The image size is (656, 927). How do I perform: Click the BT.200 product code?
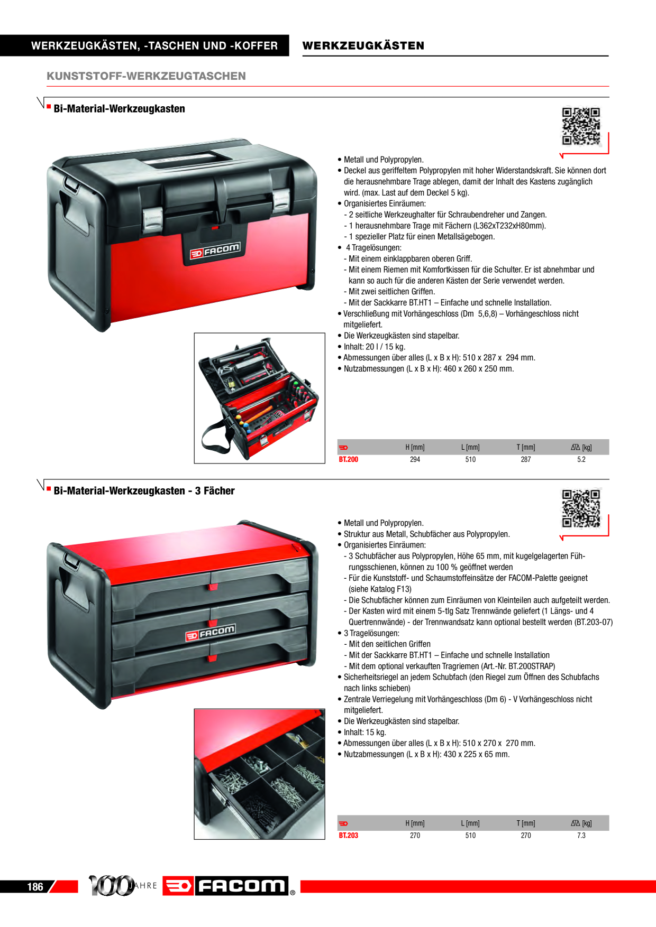(x=348, y=459)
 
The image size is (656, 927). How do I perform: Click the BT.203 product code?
(x=348, y=836)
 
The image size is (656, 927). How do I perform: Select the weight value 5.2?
(x=581, y=459)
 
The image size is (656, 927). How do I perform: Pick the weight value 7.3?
(x=581, y=836)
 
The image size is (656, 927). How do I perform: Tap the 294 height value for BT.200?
(x=415, y=459)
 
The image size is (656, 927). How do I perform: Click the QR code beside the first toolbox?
(x=581, y=126)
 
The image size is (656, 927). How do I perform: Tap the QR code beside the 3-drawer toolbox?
(x=581, y=508)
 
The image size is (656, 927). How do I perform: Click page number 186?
(x=35, y=887)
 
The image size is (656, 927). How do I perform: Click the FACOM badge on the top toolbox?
(x=215, y=251)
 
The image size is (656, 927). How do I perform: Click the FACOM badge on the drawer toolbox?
(x=211, y=633)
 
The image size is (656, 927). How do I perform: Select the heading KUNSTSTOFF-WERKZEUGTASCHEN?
(x=146, y=76)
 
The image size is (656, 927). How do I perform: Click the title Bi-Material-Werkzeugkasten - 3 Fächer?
(x=144, y=491)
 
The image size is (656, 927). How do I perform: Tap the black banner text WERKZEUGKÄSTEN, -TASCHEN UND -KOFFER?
(x=154, y=45)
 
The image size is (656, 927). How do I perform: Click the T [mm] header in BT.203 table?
(x=525, y=823)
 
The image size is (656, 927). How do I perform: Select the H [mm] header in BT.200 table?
(x=415, y=447)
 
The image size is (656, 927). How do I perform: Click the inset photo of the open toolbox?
(x=259, y=398)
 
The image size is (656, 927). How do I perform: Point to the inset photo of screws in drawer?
(x=259, y=774)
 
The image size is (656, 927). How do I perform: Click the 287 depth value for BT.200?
(x=525, y=459)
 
